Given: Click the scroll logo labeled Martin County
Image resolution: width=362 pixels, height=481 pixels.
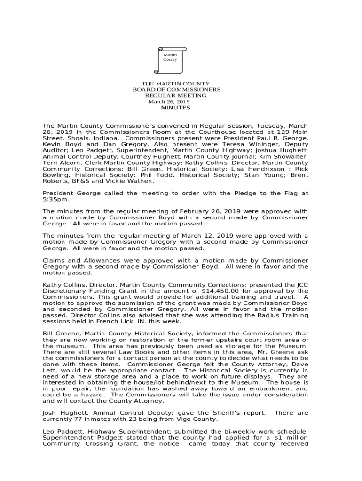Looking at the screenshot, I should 170,60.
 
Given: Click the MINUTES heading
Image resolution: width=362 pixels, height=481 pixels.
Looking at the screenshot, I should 176,108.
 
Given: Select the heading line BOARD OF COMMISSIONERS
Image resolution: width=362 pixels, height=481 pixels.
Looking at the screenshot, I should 176,89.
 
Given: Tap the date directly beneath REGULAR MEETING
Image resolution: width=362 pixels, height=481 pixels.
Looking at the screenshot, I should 169,101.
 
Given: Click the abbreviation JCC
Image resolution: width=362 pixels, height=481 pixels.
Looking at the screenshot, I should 301,285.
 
